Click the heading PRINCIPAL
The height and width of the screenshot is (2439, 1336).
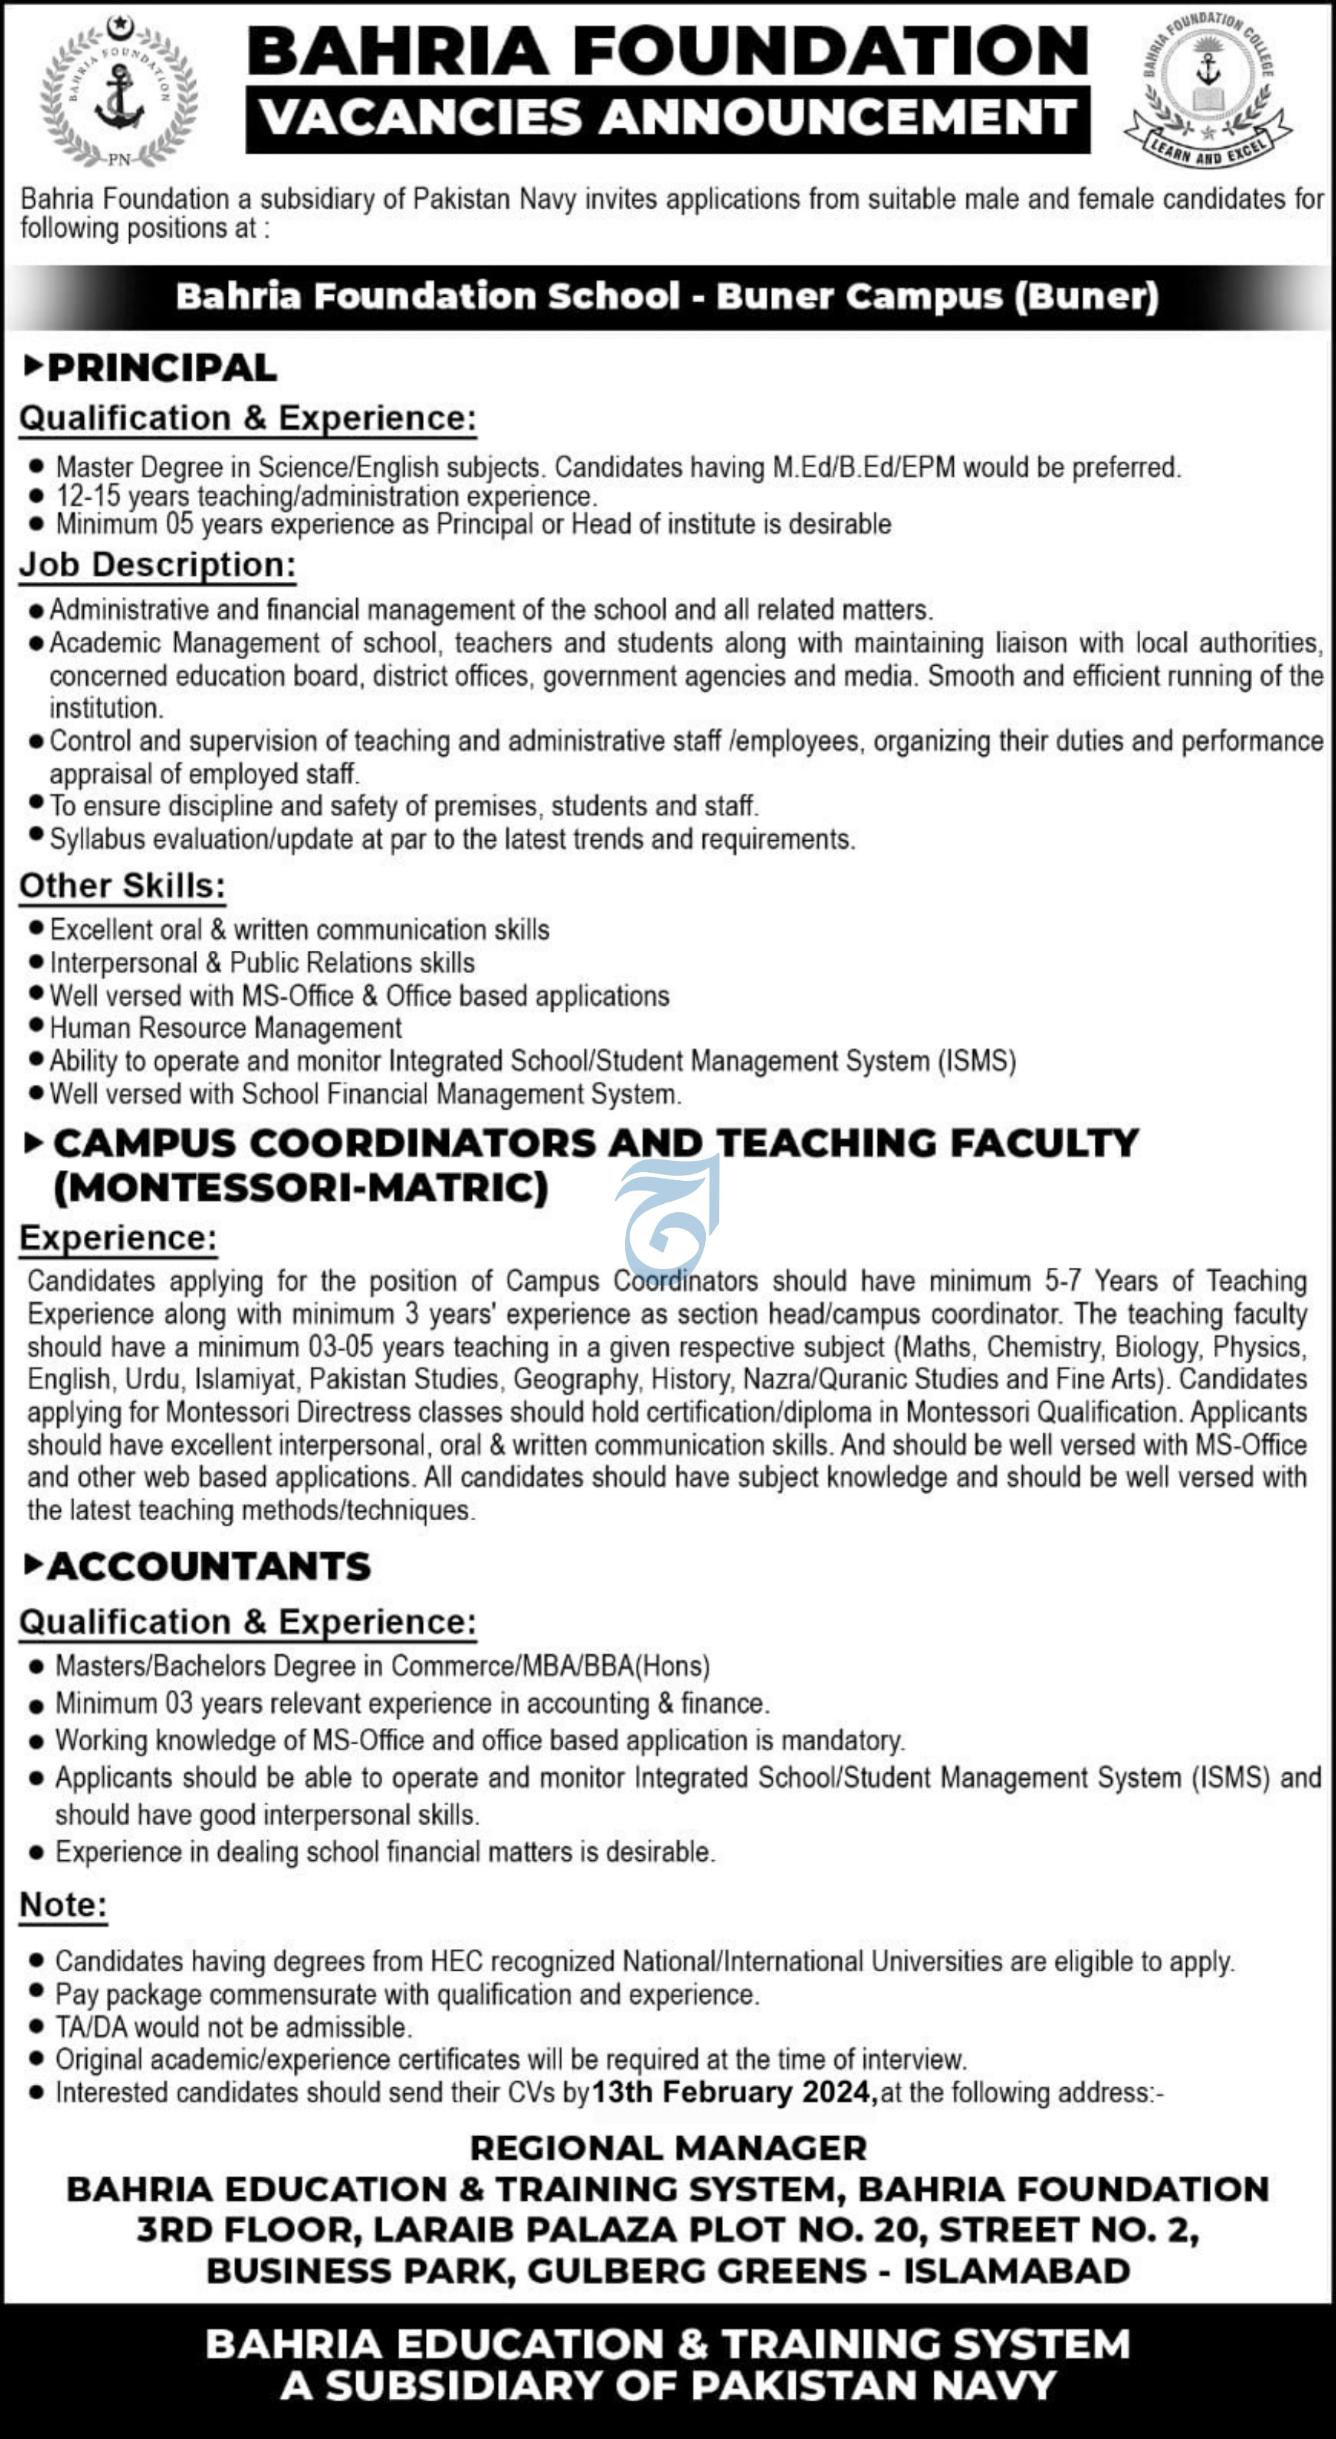click(162, 367)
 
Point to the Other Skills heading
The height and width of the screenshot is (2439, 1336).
click(122, 885)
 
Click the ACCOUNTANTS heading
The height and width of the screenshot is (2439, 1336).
click(209, 1566)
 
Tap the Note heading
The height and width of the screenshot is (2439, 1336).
click(63, 1904)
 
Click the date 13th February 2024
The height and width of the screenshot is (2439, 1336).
click(733, 2092)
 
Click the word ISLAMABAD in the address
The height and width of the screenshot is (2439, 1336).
click(1016, 2271)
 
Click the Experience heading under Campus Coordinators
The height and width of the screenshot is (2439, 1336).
click(118, 1237)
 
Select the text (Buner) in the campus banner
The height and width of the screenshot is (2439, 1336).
click(1086, 296)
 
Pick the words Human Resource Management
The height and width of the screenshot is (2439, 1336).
click(226, 1027)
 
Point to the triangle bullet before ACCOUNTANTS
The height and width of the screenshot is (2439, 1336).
click(33, 1565)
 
